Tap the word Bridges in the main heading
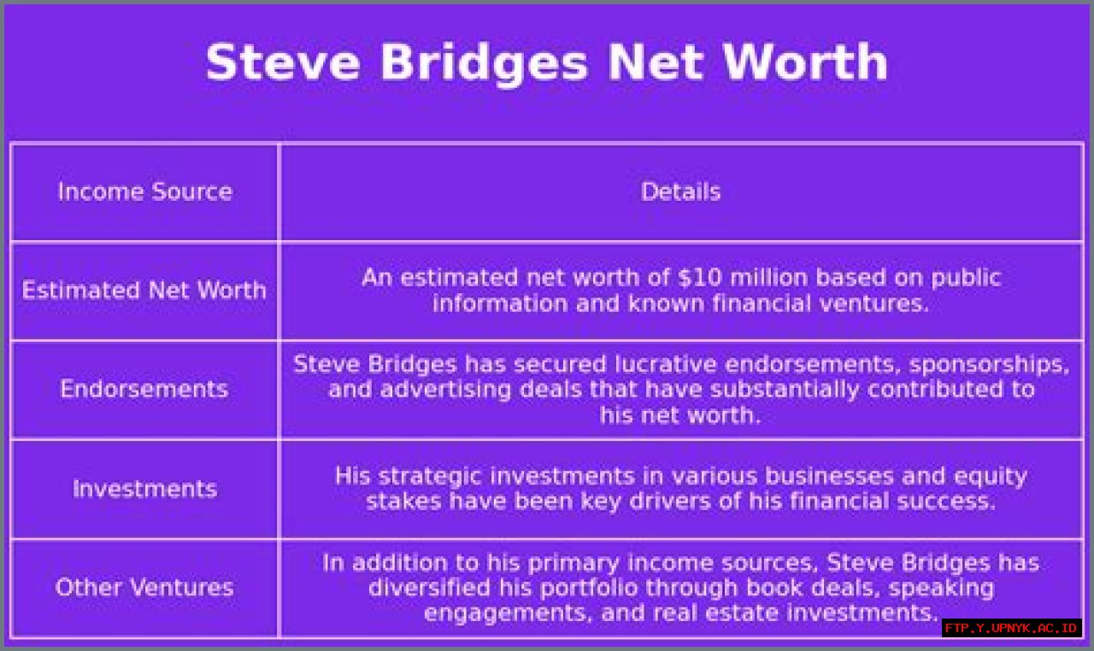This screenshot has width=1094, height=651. [484, 62]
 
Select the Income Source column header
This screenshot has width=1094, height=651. [144, 191]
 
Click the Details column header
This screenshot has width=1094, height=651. [680, 191]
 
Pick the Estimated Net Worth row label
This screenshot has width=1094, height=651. [144, 290]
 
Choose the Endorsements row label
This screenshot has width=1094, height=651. [144, 390]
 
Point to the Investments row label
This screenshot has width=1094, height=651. [144, 489]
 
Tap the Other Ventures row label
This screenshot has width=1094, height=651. [144, 588]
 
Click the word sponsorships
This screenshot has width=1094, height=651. [989, 365]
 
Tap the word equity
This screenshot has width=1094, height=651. [990, 476]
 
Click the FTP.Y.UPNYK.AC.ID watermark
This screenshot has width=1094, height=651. [1012, 629]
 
